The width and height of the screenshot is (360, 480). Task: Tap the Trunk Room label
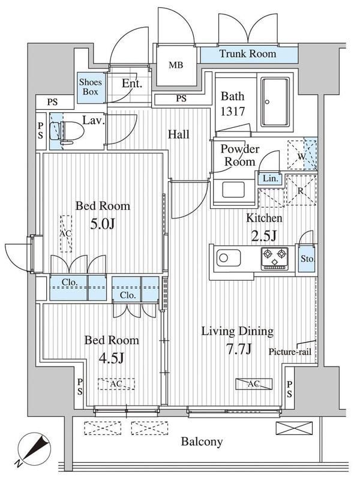[x=248, y=54]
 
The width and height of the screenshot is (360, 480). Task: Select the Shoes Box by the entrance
[x=91, y=87]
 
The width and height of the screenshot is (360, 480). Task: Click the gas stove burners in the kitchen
[x=275, y=259]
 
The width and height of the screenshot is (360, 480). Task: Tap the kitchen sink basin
[x=229, y=258]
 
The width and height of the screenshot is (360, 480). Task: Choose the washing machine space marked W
[x=302, y=155]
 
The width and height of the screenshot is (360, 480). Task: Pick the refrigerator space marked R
[x=301, y=190]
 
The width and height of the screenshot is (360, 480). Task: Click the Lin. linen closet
[x=271, y=178]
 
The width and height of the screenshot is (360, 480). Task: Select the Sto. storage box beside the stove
[x=307, y=259]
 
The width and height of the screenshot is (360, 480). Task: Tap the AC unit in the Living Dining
[x=254, y=384]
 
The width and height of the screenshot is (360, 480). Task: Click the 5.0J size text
[x=103, y=224]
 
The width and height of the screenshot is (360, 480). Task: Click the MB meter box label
[x=176, y=65]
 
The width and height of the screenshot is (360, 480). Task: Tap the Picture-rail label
[x=290, y=352]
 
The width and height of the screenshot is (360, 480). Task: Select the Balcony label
[x=202, y=442]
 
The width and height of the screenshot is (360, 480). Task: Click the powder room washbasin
[x=233, y=190]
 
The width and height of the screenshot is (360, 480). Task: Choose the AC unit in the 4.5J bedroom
[x=116, y=384]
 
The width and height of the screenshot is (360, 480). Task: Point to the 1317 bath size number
[x=233, y=111]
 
